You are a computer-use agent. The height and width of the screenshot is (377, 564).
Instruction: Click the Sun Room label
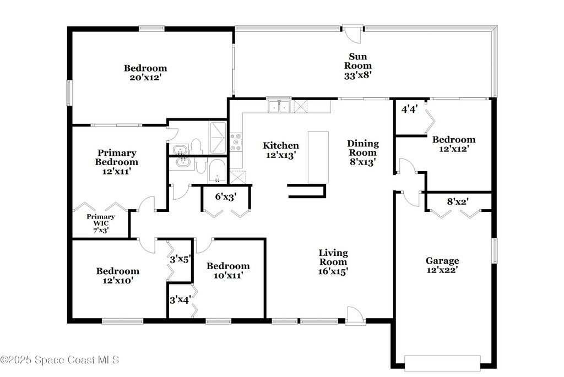pos(358,65)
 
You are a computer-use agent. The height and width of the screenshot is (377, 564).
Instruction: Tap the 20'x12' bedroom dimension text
pos(145,77)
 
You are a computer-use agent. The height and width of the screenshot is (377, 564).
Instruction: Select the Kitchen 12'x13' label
pos(281,150)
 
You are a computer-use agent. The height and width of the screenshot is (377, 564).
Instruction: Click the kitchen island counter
pos(318,157)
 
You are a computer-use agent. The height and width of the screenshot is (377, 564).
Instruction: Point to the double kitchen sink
pos(279,106)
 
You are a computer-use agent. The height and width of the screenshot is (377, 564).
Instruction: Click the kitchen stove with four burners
pos(236,142)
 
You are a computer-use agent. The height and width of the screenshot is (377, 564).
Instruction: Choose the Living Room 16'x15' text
pos(333,262)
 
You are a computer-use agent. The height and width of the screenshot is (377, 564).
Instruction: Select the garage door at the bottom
pos(442,363)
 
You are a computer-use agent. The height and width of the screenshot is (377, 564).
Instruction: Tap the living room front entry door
pos(355,316)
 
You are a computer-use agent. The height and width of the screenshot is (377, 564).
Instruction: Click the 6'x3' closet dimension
pos(225,196)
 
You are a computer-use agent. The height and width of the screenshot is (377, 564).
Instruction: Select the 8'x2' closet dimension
pos(458,201)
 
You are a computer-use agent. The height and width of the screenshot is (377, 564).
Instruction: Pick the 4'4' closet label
pos(409,109)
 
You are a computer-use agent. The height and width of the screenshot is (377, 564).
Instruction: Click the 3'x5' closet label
pos(180,259)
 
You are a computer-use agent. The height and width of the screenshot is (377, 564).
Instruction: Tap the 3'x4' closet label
pos(180,299)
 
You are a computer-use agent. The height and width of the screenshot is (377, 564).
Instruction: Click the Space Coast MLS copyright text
pos(59,360)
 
